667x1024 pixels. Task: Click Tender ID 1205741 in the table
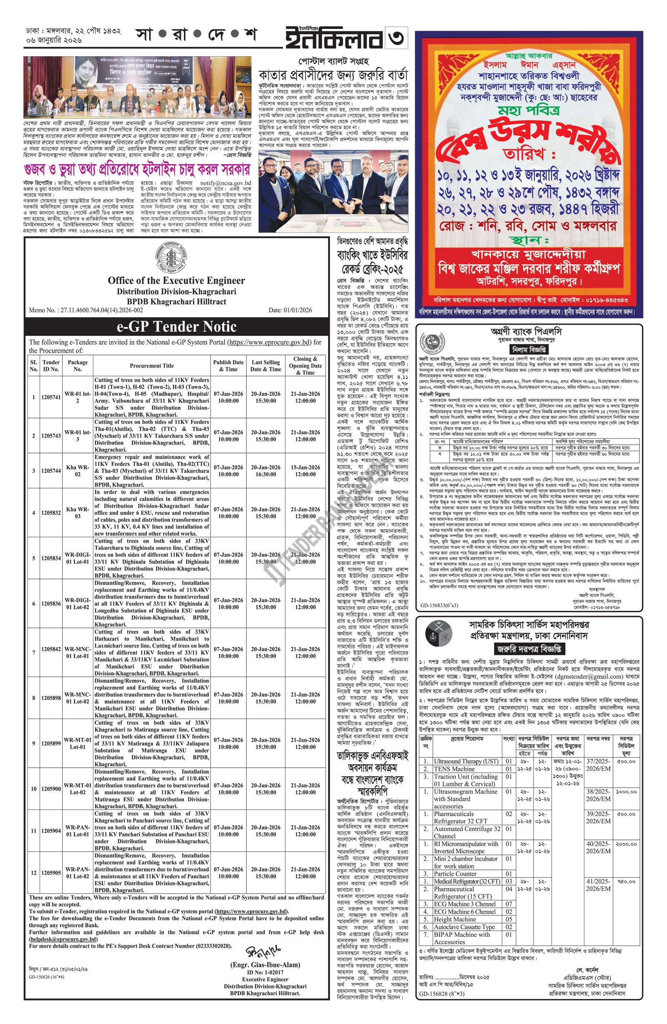(x=51, y=397)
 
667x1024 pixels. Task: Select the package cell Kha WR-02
(x=78, y=470)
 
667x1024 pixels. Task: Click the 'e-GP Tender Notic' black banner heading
(x=176, y=327)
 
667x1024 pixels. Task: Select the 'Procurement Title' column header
(x=151, y=366)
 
